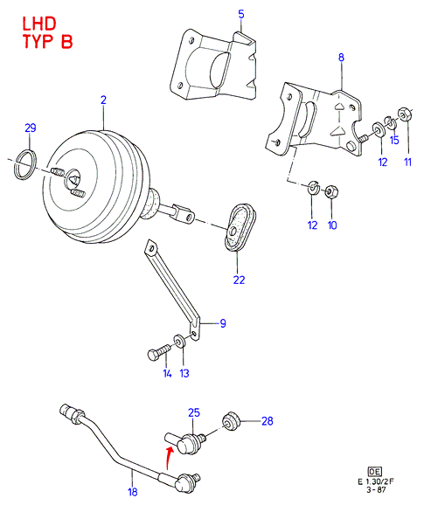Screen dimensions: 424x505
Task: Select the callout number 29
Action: point(31,128)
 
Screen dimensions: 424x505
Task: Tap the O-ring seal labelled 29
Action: point(25,164)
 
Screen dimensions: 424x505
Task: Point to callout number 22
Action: point(239,280)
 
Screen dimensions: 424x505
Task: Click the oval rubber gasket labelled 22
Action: point(240,227)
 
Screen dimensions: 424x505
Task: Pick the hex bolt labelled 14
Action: point(158,352)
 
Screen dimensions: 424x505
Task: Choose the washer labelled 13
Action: point(179,341)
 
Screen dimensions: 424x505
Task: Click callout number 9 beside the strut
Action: point(223,323)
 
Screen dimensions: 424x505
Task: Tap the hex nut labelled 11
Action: point(404,114)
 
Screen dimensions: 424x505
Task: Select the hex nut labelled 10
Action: point(331,191)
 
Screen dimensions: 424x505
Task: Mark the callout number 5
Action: point(241,14)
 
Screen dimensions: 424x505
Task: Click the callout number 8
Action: point(341,58)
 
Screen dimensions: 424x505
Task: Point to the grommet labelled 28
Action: point(231,422)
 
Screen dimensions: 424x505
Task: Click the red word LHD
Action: point(39,24)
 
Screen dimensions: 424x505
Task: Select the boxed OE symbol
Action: point(374,472)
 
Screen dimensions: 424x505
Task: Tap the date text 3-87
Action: point(376,490)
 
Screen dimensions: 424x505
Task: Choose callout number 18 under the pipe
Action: point(132,492)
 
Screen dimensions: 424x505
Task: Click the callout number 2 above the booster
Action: point(103,100)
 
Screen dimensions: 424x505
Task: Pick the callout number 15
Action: point(394,140)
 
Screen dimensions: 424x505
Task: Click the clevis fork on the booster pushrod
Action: point(184,213)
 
